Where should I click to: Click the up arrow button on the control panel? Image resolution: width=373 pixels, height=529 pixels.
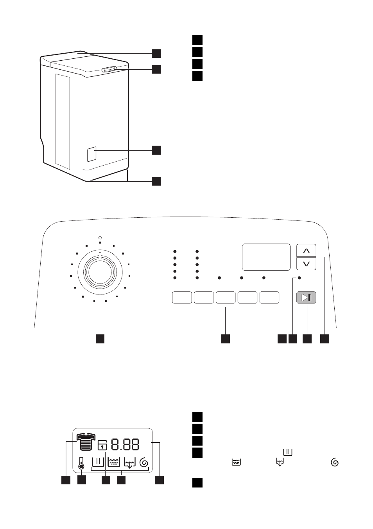[306, 251]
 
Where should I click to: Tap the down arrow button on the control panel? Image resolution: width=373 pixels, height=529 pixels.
[306, 264]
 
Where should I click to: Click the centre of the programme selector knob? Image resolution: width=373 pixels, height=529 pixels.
[100, 273]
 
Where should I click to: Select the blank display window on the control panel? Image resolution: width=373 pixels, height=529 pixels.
[266, 257]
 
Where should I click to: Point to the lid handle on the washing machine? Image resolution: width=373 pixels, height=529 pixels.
[109, 69]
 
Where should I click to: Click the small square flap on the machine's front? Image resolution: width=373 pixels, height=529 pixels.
[92, 154]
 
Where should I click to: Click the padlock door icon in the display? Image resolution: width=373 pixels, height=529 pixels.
[102, 445]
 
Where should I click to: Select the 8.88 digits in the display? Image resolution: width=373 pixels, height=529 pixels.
[125, 444]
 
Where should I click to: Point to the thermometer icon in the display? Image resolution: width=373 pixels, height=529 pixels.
[81, 464]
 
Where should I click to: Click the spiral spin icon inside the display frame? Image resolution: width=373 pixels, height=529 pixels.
[144, 462]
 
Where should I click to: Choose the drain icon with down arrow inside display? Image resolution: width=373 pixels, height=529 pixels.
[130, 463]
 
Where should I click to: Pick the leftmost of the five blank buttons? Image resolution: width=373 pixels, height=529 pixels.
[182, 297]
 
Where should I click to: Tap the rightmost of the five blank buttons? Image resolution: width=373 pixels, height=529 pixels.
[269, 297]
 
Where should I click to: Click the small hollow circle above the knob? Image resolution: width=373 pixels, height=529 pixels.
[100, 238]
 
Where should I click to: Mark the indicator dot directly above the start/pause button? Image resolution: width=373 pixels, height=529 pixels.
[299, 278]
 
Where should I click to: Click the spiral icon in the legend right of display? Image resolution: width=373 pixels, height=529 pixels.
[335, 462]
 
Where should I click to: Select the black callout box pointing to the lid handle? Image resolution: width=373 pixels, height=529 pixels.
[156, 69]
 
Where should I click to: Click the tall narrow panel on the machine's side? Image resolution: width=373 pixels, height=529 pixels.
[63, 122]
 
